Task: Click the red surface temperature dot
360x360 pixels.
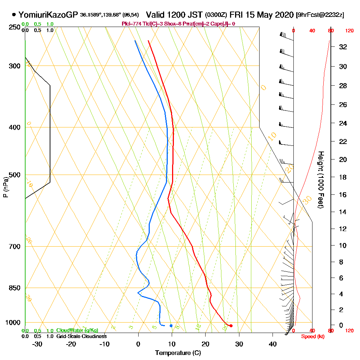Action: [231, 326]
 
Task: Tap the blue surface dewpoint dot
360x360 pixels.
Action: [171, 326]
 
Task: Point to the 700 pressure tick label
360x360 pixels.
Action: [14, 247]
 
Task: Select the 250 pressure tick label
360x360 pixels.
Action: [14, 27]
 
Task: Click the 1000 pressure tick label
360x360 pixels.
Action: [13, 323]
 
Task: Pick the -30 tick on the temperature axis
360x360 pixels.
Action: [37, 344]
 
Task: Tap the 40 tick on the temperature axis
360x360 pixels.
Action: [273, 344]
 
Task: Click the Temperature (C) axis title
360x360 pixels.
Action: [178, 353]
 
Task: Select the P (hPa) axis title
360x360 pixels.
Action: [6, 187]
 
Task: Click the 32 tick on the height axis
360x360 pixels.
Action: [343, 47]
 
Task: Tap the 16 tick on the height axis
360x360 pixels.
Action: [343, 195]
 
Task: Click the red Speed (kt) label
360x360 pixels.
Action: [312, 336]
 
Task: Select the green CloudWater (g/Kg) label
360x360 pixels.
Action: [77, 330]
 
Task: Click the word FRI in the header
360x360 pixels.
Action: [238, 15]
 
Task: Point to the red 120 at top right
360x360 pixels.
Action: [349, 31]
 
